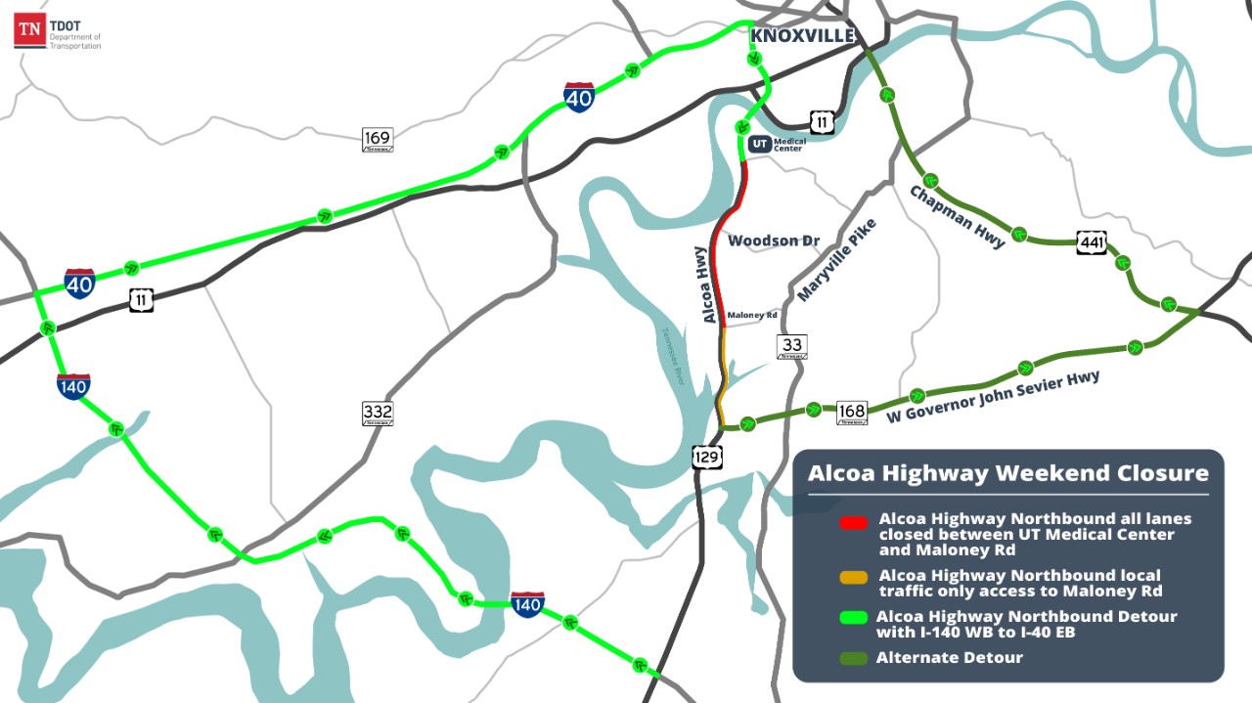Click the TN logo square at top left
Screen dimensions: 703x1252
pos(29,31)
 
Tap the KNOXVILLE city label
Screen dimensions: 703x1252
pos(802,35)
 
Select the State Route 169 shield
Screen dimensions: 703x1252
pos(378,139)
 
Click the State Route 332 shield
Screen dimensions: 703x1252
pos(378,414)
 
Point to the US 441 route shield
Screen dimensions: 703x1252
pos(1092,242)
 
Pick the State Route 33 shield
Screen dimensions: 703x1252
pos(791,346)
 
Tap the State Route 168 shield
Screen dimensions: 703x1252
pos(852,413)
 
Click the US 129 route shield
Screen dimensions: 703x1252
pos(707,457)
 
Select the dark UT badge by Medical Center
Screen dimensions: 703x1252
pos(760,144)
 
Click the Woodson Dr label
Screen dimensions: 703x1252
pos(774,241)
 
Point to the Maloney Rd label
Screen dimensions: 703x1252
pos(752,316)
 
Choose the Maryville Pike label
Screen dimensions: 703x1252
pos(836,259)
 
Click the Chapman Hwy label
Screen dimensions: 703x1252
pos(957,216)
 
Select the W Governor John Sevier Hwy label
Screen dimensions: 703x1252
pos(993,397)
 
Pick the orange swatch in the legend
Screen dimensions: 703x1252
pos(854,578)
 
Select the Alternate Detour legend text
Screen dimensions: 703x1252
pos(949,657)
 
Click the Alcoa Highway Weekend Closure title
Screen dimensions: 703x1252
pos(1007,473)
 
